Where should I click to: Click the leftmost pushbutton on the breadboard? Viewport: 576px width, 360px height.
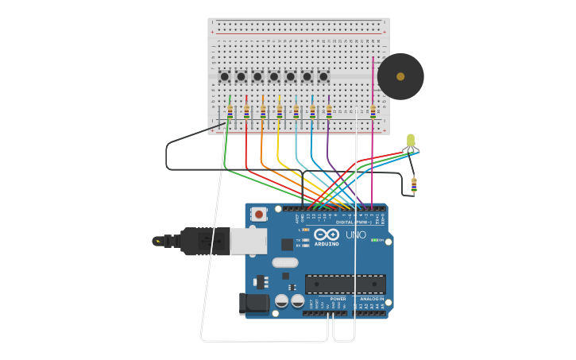pyautogui.click(x=225, y=76)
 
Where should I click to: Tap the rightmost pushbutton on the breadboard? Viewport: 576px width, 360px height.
pyautogui.click(x=323, y=76)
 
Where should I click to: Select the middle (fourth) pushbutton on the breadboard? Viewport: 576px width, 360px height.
pyautogui.click(x=274, y=76)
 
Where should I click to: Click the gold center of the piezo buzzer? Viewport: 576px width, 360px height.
pyautogui.click(x=400, y=76)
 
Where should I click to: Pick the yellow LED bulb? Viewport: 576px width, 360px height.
pyautogui.click(x=411, y=141)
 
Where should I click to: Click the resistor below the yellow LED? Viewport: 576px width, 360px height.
pyautogui.click(x=414, y=186)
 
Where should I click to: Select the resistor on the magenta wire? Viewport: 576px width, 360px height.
pyautogui.click(x=373, y=111)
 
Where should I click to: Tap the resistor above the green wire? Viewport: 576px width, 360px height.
pyautogui.click(x=230, y=111)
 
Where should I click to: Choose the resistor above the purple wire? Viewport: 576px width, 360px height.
pyautogui.click(x=328, y=111)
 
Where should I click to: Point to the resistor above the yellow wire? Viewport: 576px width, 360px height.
pyautogui.click(x=279, y=111)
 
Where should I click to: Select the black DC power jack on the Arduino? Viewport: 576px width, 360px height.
pyautogui.click(x=253, y=303)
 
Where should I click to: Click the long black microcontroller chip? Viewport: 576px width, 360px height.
pyautogui.click(x=346, y=285)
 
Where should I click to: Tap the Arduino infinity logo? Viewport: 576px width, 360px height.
pyautogui.click(x=327, y=234)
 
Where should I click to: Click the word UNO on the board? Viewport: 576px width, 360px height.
pyautogui.click(x=355, y=234)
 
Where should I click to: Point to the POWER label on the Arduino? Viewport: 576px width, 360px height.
pyautogui.click(x=338, y=299)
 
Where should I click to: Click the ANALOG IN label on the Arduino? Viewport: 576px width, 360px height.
pyautogui.click(x=371, y=299)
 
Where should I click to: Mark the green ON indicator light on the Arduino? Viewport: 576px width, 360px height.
pyautogui.click(x=374, y=240)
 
